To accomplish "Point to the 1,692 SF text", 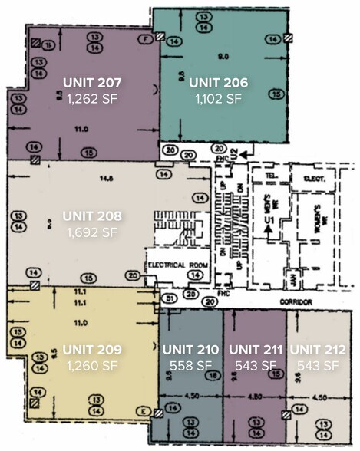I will [91, 231].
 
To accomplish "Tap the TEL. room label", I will [268, 174].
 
